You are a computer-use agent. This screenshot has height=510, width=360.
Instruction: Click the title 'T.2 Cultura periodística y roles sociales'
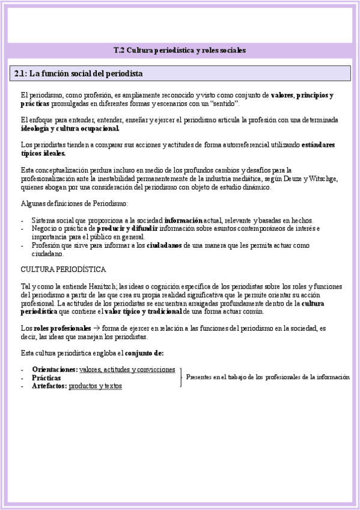point(180,51)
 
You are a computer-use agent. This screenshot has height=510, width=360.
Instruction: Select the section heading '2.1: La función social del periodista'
point(78,73)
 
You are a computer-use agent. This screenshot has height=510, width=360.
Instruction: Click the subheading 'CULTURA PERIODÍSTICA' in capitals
point(63,268)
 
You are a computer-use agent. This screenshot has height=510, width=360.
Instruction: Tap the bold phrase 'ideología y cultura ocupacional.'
point(70,128)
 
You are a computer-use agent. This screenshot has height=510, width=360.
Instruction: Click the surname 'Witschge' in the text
point(323,179)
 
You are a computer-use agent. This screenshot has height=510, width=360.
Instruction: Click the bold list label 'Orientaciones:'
point(55,369)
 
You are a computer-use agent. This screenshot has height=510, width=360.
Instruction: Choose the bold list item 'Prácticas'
point(46,377)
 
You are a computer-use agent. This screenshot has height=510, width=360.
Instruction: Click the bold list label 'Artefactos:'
point(49,386)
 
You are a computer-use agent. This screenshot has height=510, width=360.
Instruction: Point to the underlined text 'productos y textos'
point(95,386)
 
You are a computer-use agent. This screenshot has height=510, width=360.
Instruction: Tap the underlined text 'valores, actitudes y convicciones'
point(127,369)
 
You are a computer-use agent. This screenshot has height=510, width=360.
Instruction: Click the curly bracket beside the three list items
point(180,377)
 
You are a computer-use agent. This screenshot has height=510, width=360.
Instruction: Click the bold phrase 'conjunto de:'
point(144,352)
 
